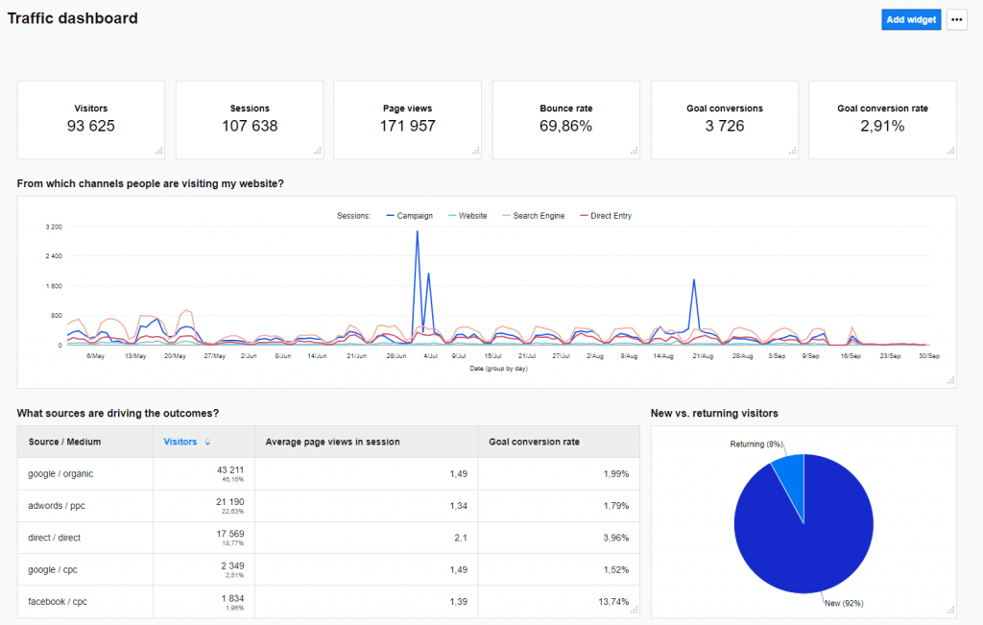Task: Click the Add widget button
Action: pyautogui.click(x=911, y=19)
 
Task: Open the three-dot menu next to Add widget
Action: pyautogui.click(x=956, y=19)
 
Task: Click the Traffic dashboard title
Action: pyautogui.click(x=73, y=18)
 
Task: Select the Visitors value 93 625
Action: pyautogui.click(x=91, y=126)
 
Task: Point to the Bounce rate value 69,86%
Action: pyautogui.click(x=566, y=126)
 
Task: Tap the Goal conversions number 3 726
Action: pyautogui.click(x=725, y=126)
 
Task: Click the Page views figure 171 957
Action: pyautogui.click(x=408, y=126)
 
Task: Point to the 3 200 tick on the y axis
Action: pyautogui.click(x=54, y=227)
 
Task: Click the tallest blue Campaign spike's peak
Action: pyautogui.click(x=417, y=231)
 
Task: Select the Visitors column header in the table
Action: pyautogui.click(x=180, y=442)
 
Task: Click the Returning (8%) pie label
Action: pyautogui.click(x=756, y=445)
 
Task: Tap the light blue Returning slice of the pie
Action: pyautogui.click(x=790, y=471)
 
